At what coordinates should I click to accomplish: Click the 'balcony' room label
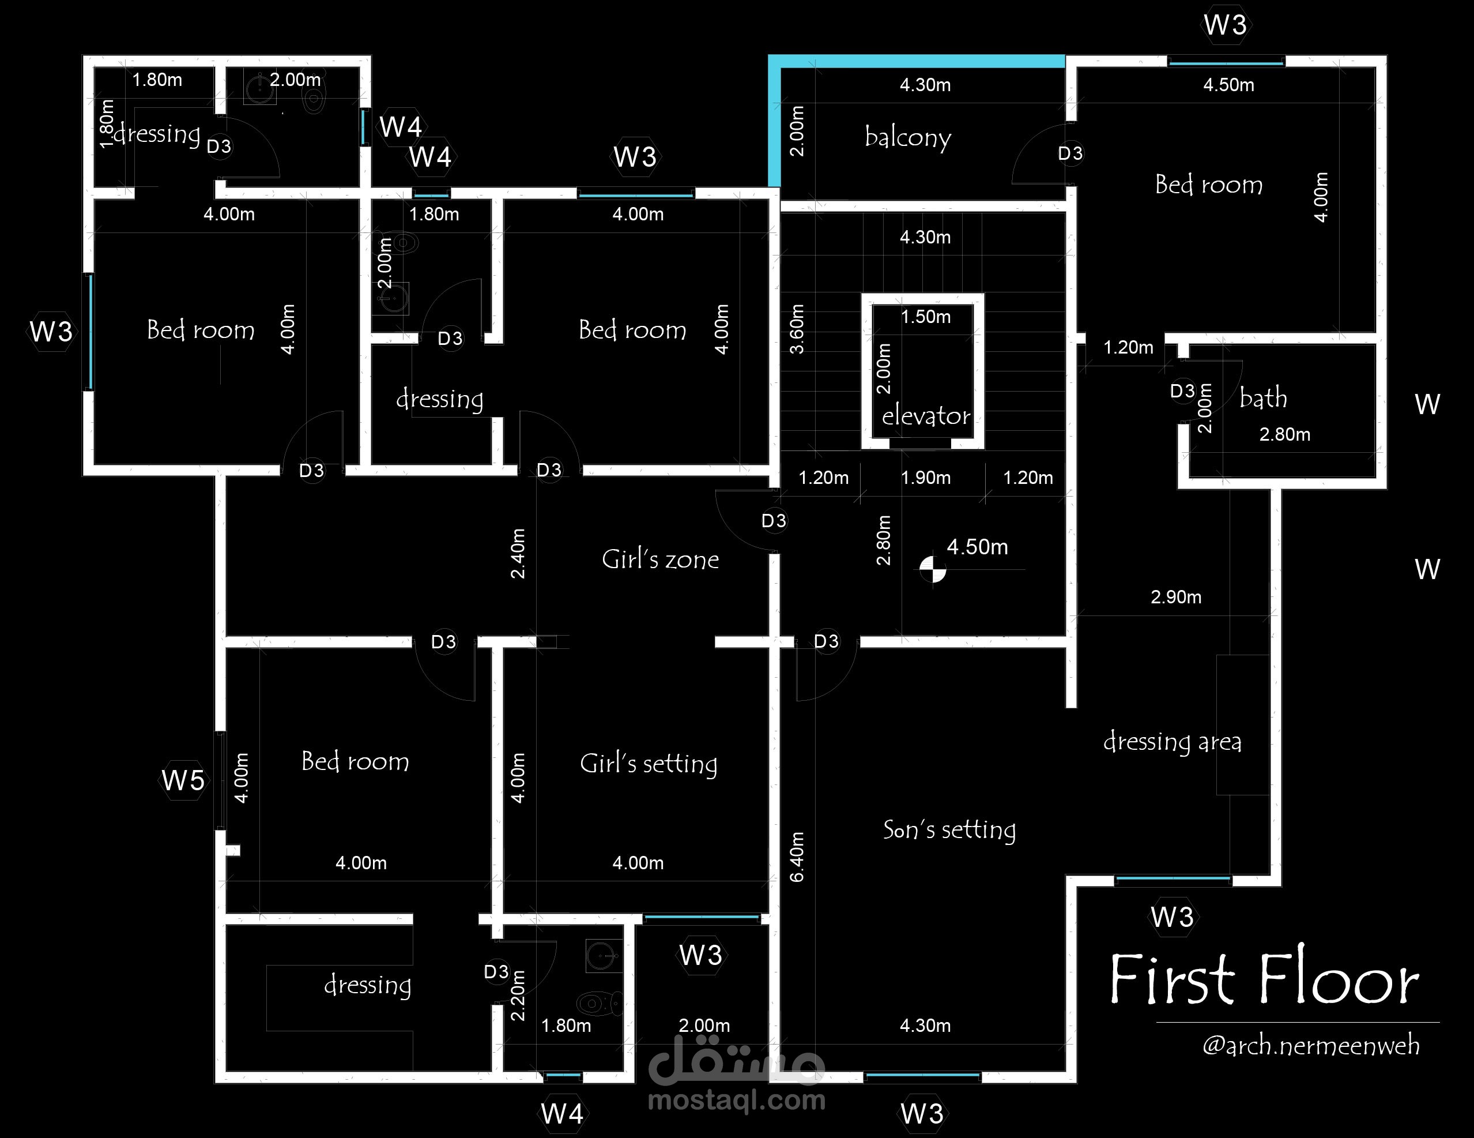[x=908, y=137]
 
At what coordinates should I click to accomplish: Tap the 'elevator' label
[x=926, y=415]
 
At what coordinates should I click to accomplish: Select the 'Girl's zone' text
[x=660, y=559]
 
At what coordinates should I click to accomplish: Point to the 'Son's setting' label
[x=949, y=829]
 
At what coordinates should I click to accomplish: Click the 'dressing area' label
[x=1173, y=742]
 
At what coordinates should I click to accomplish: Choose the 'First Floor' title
[x=1264, y=979]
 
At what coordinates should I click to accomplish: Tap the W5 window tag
[x=183, y=780]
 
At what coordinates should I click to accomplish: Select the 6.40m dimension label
[x=797, y=857]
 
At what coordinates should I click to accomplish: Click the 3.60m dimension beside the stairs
[x=797, y=329]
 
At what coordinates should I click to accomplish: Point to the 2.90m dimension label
[x=1176, y=597]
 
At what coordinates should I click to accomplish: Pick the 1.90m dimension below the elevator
[x=925, y=478]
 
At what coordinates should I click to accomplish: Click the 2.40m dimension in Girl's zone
[x=518, y=553]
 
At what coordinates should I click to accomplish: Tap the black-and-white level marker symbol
[x=933, y=569]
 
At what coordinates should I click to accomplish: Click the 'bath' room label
[x=1264, y=398]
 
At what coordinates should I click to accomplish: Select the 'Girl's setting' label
[x=649, y=763]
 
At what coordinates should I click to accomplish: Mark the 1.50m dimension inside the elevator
[x=925, y=317]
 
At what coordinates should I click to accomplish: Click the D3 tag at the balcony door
[x=1070, y=153]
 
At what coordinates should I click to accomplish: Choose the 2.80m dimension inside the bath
[x=1285, y=434]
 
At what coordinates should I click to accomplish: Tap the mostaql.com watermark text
[x=736, y=1100]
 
